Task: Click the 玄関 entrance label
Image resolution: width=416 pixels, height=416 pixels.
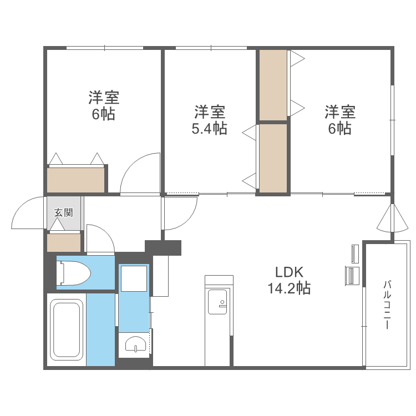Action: pos(63,212)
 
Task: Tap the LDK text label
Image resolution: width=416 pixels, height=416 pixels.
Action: pos(288,272)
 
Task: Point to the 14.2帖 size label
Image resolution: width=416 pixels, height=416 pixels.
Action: pos(288,288)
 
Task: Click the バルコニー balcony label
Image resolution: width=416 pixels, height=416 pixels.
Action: pos(386,305)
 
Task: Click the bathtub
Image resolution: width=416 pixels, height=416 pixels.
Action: pos(67,329)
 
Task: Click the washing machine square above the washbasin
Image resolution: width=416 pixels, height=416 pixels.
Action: pos(134,278)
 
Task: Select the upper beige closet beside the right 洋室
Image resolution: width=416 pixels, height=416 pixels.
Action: pos(273,85)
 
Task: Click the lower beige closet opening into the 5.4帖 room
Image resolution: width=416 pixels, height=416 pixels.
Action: pos(273,158)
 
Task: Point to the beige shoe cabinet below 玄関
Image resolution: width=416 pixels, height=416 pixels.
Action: pos(64,242)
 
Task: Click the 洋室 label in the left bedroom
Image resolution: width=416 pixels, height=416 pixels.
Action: pos(103,98)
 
